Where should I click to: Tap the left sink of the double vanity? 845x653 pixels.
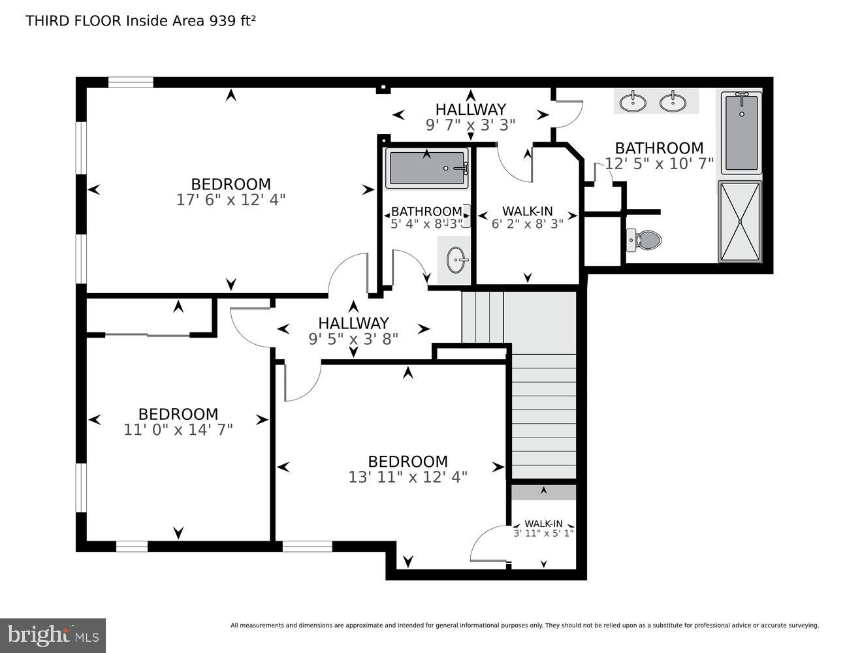[x=633, y=102]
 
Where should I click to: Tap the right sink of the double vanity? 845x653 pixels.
[x=673, y=102]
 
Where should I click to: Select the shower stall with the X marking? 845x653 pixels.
[x=740, y=221]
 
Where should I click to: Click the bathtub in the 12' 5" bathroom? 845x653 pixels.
[x=741, y=133]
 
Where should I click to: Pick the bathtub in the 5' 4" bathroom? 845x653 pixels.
[x=427, y=168]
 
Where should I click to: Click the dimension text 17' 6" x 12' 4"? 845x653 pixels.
[x=231, y=200]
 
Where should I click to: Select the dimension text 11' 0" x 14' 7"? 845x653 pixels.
[x=178, y=430]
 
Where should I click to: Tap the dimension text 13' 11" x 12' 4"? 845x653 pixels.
[x=407, y=477]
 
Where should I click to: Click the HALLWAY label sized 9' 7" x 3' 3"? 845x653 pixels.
[x=470, y=109]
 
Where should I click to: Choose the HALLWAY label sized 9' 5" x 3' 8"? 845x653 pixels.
[x=353, y=323]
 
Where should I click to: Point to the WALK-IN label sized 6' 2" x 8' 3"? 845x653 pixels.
[x=527, y=211]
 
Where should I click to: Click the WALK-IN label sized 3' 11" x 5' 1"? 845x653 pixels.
[x=543, y=524]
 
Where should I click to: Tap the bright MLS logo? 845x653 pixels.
[x=53, y=635]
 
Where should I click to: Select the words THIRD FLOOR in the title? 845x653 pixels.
[x=73, y=21]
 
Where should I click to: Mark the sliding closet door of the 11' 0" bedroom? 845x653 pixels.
[x=148, y=335]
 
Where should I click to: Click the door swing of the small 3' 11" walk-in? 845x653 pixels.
[x=486, y=543]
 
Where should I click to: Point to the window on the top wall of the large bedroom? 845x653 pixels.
[x=131, y=82]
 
